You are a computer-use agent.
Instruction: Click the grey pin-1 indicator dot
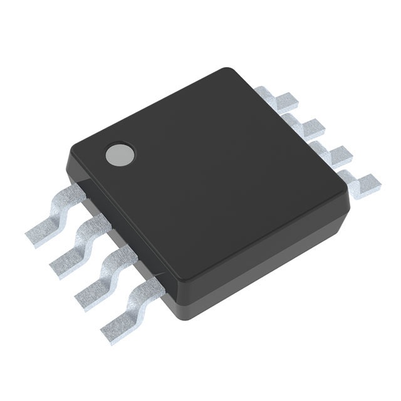tap(120, 154)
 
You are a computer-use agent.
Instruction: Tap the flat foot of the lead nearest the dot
tap(41, 233)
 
